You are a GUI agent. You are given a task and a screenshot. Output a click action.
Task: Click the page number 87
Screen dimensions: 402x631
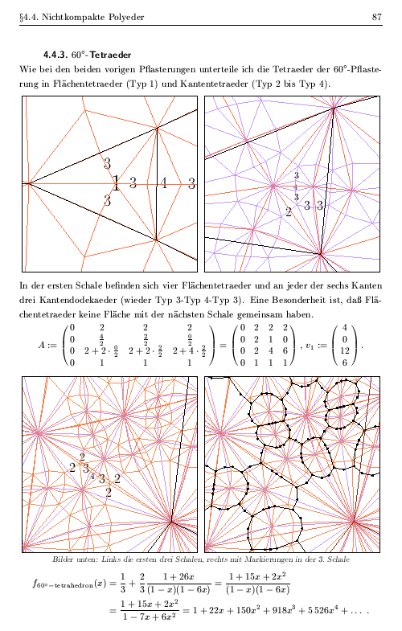click(x=375, y=16)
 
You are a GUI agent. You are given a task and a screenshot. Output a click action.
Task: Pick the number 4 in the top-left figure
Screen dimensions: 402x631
click(x=163, y=183)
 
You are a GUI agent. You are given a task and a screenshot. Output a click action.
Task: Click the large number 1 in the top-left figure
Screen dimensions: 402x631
click(x=116, y=183)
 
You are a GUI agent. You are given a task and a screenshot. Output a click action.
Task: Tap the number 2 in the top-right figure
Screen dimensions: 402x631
click(x=289, y=212)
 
